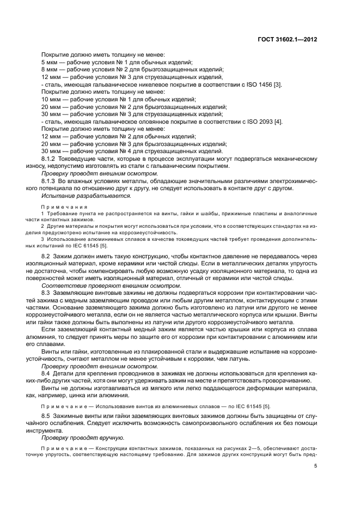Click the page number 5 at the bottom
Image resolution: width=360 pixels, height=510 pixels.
[x=315, y=465]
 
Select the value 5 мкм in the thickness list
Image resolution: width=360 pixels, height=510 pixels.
[x=51, y=62]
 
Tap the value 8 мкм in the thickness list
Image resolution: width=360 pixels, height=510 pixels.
[x=51, y=70]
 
